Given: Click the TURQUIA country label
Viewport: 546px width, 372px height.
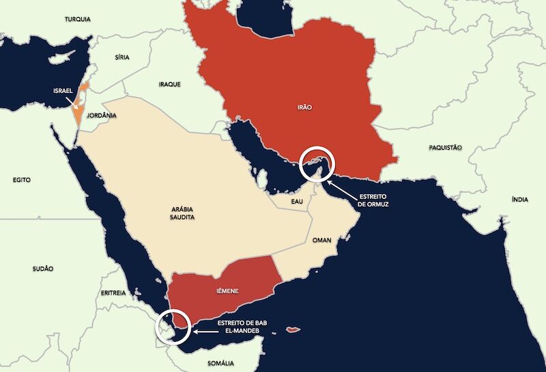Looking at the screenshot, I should point(78,19).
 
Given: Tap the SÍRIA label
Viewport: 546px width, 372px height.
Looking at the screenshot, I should point(122,57).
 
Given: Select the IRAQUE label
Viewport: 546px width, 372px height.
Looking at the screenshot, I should point(169,84).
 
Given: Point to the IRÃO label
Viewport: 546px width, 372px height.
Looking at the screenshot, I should point(305,107).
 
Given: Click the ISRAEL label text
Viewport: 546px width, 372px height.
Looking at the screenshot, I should point(63,90).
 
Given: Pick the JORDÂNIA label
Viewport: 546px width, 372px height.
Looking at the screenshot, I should point(102,116).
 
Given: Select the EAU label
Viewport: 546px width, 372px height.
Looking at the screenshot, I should point(296,202).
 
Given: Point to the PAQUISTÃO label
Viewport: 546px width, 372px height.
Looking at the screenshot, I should point(446,147).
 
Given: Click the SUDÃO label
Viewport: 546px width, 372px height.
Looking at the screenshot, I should point(42,269).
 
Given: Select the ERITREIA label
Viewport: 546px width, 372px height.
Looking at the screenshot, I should point(113,293).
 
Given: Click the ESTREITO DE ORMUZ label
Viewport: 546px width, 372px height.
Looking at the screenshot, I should point(369,200).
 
